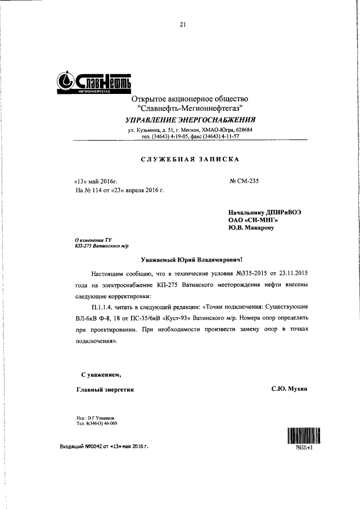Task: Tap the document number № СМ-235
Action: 244,181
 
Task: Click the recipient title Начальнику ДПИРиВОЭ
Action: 265,213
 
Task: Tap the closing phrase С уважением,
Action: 99,374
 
